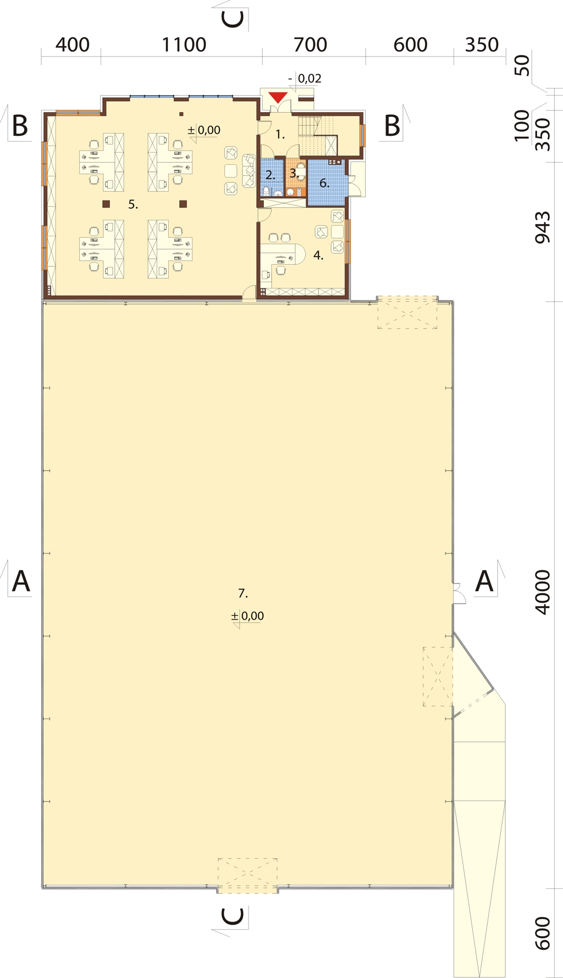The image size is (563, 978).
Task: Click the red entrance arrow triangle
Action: [x=278, y=98]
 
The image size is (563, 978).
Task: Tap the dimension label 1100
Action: [x=184, y=45]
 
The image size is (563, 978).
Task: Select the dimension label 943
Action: [x=542, y=227]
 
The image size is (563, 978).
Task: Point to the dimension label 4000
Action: [x=542, y=592]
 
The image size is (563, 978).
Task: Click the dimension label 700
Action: [x=310, y=45]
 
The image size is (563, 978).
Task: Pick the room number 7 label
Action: [x=243, y=593]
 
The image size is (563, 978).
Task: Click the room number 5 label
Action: [x=133, y=204]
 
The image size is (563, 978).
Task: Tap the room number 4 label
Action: [x=318, y=255]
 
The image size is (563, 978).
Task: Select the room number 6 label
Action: [x=324, y=183]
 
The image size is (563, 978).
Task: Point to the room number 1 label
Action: [x=280, y=134]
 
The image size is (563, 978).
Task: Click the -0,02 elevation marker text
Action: [x=305, y=79]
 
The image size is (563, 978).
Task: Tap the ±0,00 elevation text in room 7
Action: [x=248, y=616]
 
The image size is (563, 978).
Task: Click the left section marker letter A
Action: [x=21, y=581]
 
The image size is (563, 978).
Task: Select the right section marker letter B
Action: [x=392, y=126]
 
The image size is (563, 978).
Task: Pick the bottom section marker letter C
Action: [x=233, y=916]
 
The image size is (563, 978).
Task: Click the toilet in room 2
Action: [x=267, y=191]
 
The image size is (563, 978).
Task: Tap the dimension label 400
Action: [x=73, y=45]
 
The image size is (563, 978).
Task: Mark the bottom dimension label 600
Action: [x=542, y=933]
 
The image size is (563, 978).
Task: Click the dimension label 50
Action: [x=522, y=65]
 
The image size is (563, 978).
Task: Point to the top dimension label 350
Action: [x=482, y=45]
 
